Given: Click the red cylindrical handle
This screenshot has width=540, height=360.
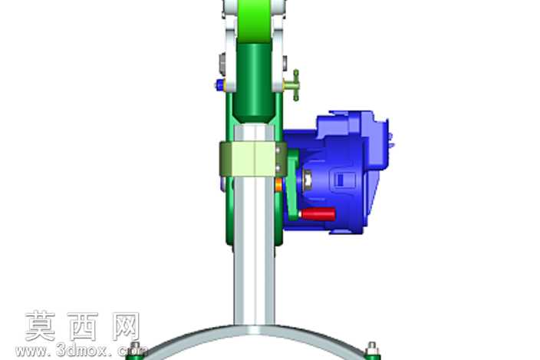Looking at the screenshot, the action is pyautogui.click(x=318, y=214).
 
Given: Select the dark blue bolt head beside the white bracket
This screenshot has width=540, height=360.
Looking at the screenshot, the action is pyautogui.click(x=219, y=84).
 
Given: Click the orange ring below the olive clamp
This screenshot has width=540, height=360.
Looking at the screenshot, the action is pyautogui.click(x=278, y=186).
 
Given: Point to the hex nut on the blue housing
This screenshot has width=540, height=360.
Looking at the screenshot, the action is pyautogui.click(x=308, y=180).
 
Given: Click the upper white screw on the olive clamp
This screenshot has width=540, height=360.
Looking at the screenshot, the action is pyautogui.click(x=278, y=150).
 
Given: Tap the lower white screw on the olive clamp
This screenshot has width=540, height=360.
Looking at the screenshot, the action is pyautogui.click(x=278, y=168).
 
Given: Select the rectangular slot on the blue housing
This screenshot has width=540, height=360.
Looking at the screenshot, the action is pyautogui.click(x=341, y=180).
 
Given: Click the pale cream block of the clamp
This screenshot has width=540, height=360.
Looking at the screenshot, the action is pyautogui.click(x=254, y=159).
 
